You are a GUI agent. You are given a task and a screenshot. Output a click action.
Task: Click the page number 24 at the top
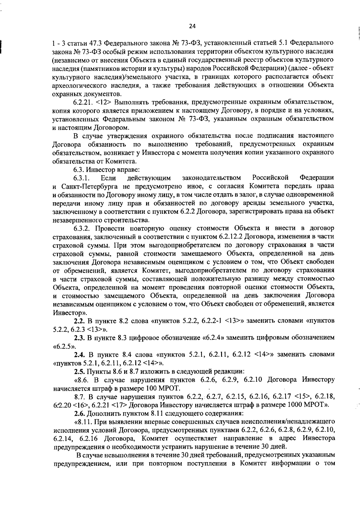pyautogui.click(x=192, y=26)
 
